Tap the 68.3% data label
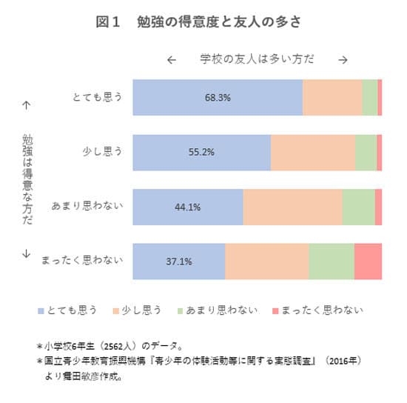218,97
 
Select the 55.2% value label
201,153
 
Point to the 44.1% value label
187,207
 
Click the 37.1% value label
179,262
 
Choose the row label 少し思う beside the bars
102,153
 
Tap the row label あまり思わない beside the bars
88,207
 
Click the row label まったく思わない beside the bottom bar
83,262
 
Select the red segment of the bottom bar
368,262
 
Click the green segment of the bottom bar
331,262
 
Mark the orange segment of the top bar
332,97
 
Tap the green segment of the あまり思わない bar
358,207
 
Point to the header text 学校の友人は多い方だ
257,59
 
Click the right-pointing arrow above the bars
343,60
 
